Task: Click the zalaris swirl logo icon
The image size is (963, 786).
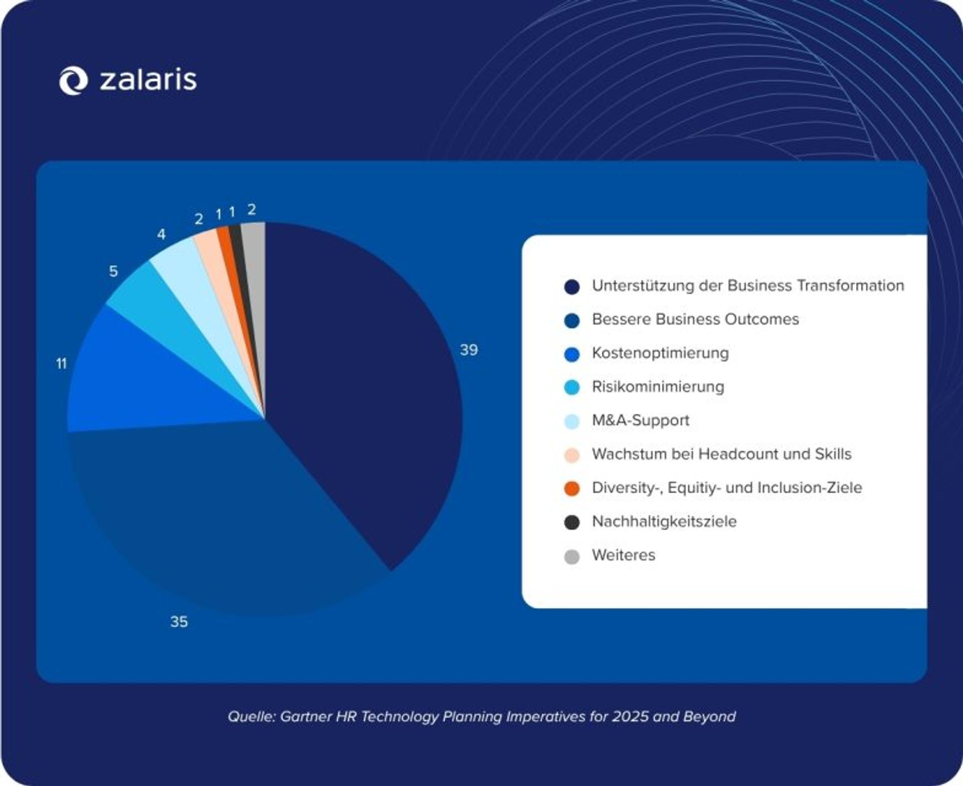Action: [73, 80]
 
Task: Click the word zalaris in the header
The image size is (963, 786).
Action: [148, 80]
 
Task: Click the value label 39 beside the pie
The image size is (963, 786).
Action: [469, 350]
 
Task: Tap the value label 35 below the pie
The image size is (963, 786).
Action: [179, 622]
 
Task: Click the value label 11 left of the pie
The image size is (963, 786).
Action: [61, 364]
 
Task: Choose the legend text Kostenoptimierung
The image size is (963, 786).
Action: [660, 353]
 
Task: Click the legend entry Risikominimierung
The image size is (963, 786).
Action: [658, 387]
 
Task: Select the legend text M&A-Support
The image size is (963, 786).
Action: [640, 420]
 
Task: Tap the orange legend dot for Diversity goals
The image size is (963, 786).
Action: [572, 488]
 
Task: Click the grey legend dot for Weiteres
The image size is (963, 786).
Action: [572, 556]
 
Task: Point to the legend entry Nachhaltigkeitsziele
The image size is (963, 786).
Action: [664, 522]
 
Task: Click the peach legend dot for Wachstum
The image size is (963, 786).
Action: [572, 455]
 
